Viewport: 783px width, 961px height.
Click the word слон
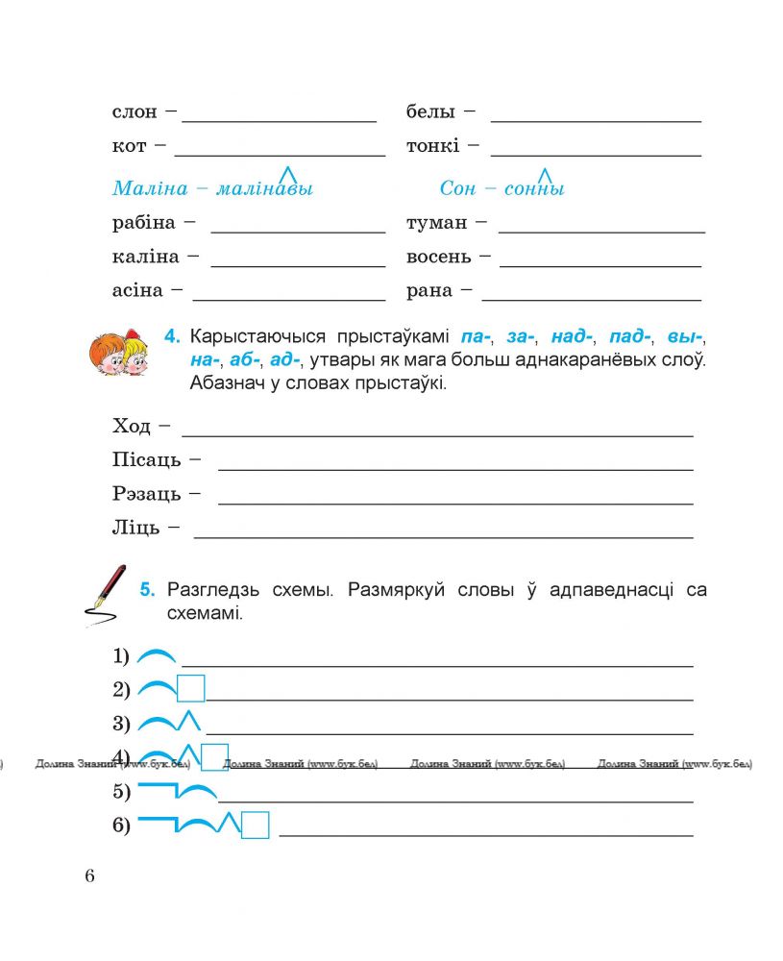pyautogui.click(x=134, y=112)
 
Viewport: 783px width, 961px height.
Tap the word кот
pyautogui.click(x=129, y=147)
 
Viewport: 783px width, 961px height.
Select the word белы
pyautogui.click(x=430, y=112)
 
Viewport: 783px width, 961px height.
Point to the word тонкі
pyautogui.click(x=433, y=147)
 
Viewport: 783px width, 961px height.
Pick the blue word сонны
pyautogui.click(x=534, y=188)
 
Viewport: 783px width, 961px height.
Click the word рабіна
pyautogui.click(x=144, y=223)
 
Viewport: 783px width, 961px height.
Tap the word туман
pyautogui.click(x=437, y=223)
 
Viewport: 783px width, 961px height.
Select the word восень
pyautogui.click(x=439, y=258)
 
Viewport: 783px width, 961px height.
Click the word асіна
pyautogui.click(x=138, y=290)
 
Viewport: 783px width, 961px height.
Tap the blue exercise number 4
pyautogui.click(x=172, y=337)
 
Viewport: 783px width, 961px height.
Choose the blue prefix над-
pyautogui.click(x=573, y=337)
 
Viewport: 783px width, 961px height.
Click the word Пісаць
pyautogui.click(x=146, y=460)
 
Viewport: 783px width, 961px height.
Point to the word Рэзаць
pyautogui.click(x=146, y=494)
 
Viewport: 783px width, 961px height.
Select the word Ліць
pyautogui.click(x=135, y=529)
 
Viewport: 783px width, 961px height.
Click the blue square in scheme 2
pyautogui.click(x=192, y=689)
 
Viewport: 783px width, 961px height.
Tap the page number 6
pyautogui.click(x=89, y=875)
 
